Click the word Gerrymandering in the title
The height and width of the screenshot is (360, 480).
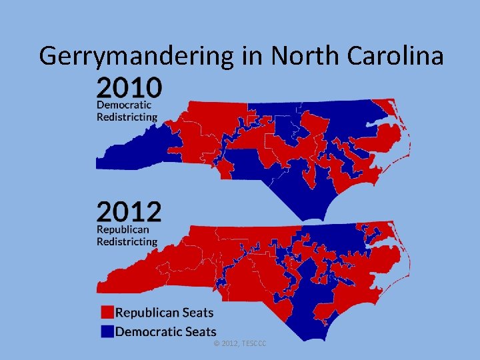[x=137, y=56]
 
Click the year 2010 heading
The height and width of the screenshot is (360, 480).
[x=129, y=87]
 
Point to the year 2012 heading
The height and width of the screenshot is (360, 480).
[x=129, y=213]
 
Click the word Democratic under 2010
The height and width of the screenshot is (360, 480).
[x=124, y=105]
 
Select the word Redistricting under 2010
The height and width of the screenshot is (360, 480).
[x=127, y=117]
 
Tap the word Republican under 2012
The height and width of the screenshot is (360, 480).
[x=123, y=229]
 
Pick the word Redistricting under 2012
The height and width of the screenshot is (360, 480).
[x=127, y=241]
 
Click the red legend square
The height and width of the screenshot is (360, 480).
[x=107, y=312]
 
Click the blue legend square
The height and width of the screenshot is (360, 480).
[x=107, y=331]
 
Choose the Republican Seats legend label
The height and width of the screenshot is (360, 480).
[x=165, y=312]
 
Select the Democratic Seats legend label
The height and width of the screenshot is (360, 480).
[x=166, y=331]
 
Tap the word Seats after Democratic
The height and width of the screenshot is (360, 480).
[x=199, y=331]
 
